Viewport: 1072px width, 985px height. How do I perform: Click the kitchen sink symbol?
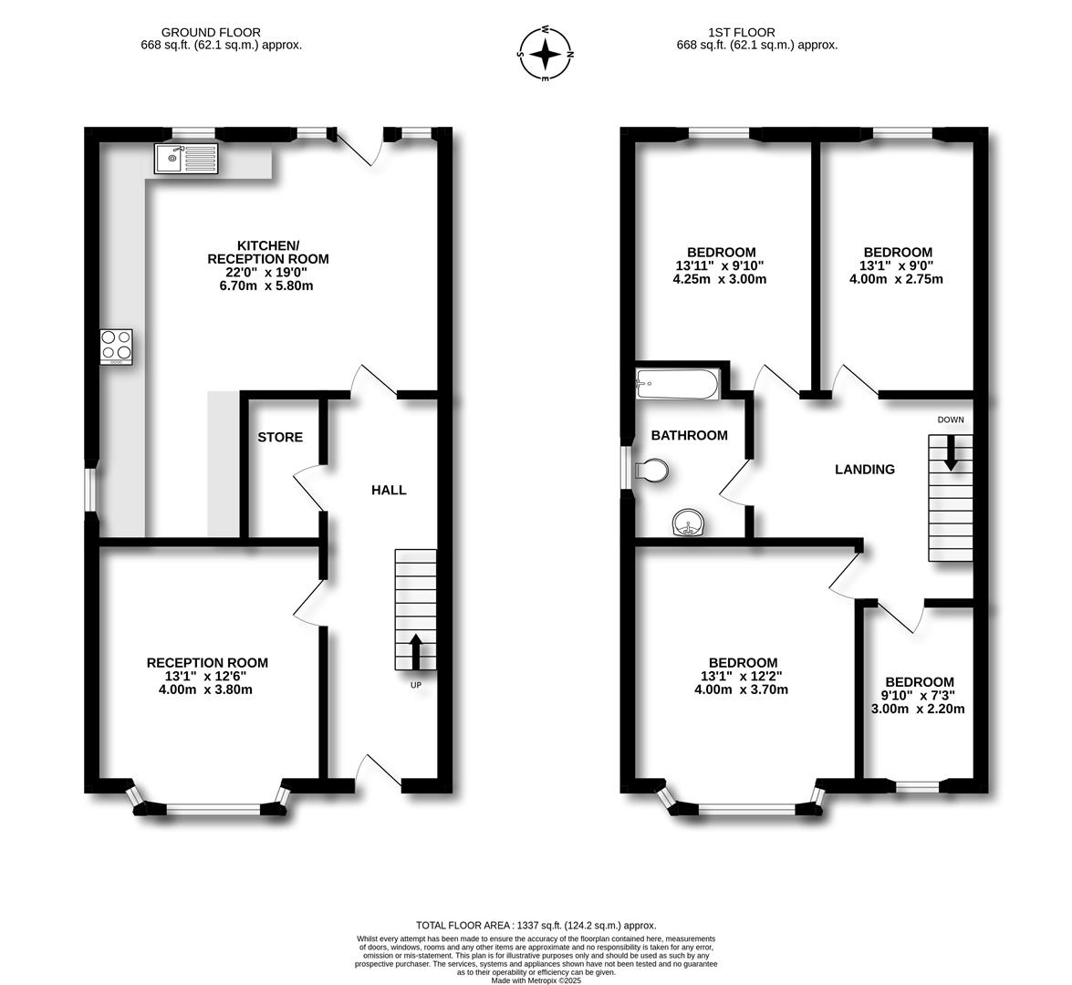click(186, 159)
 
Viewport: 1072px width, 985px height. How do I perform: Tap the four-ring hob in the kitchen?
click(116, 347)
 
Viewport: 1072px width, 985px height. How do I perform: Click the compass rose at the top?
click(546, 54)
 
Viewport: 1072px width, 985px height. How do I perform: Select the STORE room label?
click(280, 438)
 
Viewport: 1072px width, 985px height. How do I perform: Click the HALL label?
click(389, 490)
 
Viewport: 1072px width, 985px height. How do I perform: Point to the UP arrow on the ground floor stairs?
click(415, 652)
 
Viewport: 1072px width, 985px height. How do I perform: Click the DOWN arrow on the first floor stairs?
click(951, 453)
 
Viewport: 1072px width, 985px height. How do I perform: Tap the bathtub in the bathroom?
click(678, 384)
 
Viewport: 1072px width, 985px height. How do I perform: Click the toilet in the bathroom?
click(652, 471)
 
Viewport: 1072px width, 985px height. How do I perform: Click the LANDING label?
click(865, 470)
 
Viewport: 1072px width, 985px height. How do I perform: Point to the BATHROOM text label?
click(689, 436)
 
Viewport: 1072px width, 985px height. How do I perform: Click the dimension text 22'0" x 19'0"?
click(268, 273)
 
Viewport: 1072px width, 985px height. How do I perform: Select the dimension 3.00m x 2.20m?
click(920, 709)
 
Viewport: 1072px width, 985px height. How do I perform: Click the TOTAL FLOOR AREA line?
click(536, 925)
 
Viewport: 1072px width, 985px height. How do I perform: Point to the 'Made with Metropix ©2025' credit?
click(536, 980)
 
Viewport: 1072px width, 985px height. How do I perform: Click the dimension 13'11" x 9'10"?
click(721, 266)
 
